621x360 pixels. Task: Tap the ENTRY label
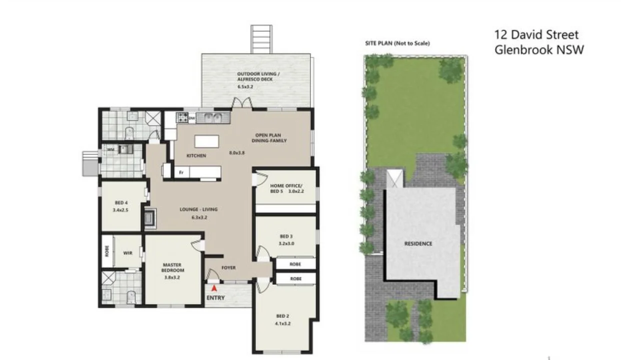(215, 298)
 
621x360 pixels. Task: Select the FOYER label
(229, 268)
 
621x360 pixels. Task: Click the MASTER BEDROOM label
(172, 267)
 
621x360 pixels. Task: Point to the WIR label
(128, 253)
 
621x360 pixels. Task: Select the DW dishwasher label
(192, 119)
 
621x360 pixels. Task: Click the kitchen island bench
(207, 142)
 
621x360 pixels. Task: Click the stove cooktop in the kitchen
(182, 118)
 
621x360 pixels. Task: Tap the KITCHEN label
(196, 156)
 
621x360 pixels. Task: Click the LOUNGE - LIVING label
(199, 209)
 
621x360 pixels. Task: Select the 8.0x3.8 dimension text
(237, 153)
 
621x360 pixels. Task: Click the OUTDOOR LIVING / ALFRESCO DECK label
(258, 77)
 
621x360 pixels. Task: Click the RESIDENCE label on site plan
(418, 244)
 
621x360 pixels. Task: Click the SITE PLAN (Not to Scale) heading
(397, 44)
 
